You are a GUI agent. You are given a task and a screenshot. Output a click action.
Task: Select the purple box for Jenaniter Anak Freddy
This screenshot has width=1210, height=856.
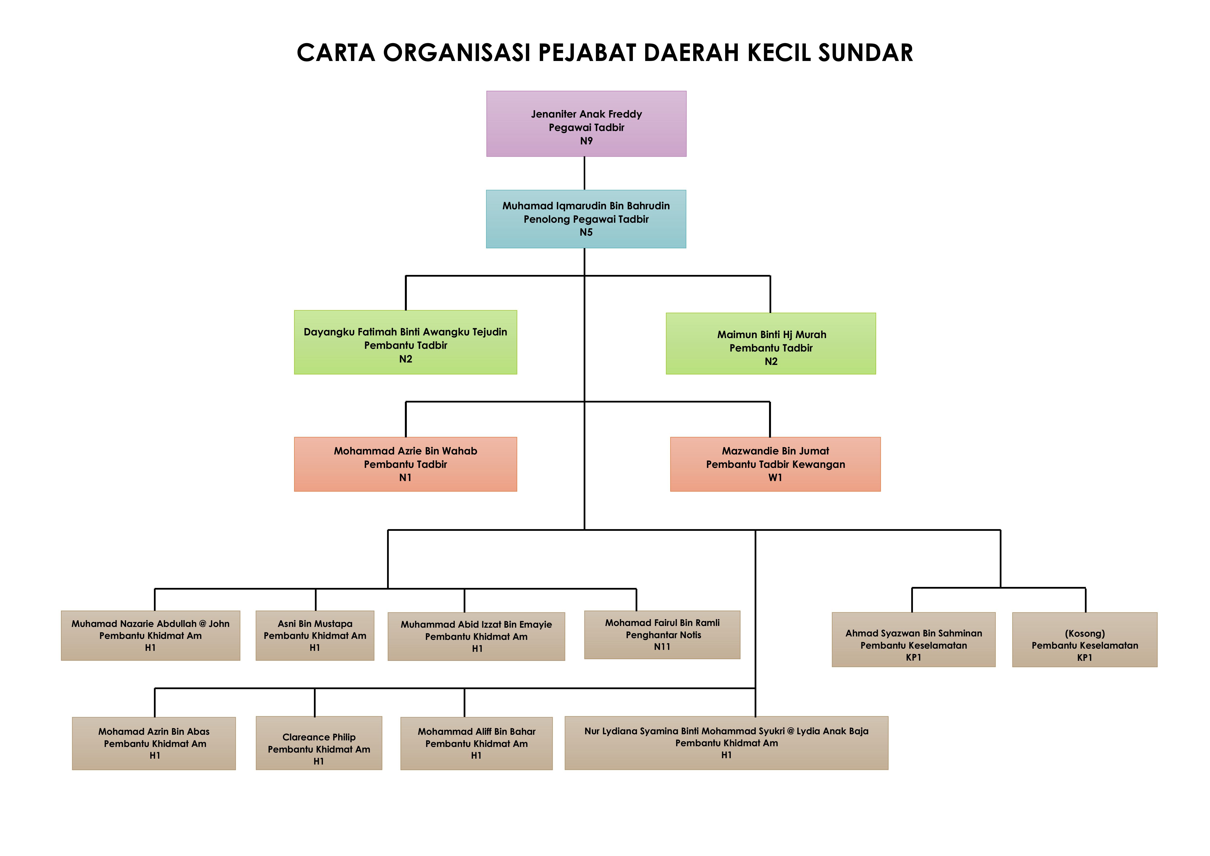coord(586,124)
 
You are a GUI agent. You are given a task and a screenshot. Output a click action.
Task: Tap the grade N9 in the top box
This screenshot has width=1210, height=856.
coord(586,141)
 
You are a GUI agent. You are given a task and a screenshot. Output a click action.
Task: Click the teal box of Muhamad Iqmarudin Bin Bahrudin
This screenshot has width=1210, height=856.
coord(586,219)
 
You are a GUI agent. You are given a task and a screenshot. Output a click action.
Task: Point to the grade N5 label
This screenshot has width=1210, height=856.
coord(586,232)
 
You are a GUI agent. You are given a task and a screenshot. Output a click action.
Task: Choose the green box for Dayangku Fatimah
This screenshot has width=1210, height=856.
coord(405,342)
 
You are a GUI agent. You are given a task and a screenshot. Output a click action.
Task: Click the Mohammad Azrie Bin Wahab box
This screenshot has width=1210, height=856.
coord(405,464)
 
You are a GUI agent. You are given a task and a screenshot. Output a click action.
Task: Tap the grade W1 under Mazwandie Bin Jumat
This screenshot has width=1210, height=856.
coord(775,478)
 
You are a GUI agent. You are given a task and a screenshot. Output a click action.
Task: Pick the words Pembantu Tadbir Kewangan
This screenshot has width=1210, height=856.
coord(775,464)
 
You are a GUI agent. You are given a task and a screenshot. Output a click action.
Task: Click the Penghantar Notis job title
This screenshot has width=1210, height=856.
coord(663,635)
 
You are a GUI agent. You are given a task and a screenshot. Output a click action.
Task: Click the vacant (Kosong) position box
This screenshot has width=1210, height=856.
coord(1085,639)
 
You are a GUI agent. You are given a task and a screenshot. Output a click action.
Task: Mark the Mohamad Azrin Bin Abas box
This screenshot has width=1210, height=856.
coord(154,743)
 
